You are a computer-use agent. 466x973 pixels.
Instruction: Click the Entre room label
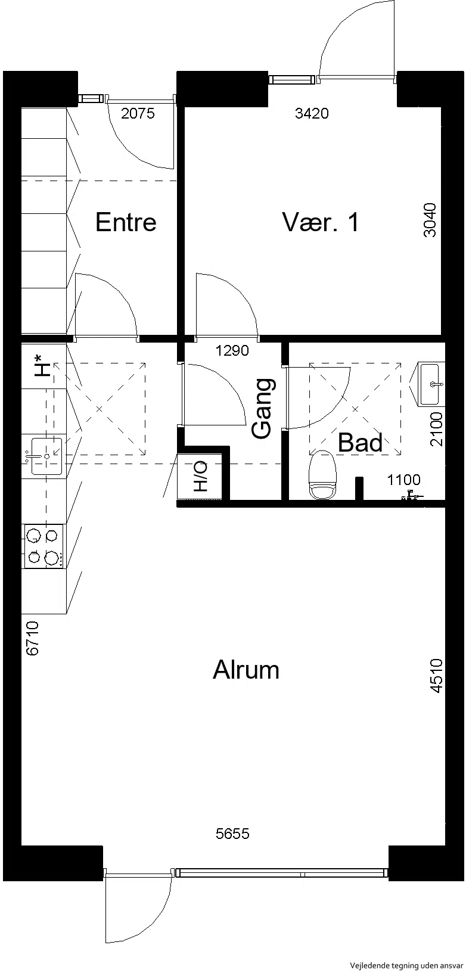[126, 222]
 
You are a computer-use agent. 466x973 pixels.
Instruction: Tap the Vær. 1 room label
[321, 222]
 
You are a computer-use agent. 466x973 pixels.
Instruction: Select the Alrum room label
[246, 669]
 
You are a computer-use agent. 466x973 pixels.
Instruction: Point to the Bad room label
[360, 443]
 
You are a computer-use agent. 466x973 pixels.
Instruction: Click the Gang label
[263, 408]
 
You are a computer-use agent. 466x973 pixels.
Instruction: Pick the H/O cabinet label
[201, 476]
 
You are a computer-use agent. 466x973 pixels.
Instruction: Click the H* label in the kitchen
[43, 365]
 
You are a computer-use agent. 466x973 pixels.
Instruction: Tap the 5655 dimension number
[233, 834]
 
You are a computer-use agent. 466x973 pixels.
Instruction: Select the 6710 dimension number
[33, 638]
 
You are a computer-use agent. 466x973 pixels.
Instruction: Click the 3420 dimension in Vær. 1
[312, 113]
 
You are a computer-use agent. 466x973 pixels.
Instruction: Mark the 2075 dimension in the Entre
[138, 113]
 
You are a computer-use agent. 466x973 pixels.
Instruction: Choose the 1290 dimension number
[232, 350]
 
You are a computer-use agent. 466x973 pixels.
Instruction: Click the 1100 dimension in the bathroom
[404, 480]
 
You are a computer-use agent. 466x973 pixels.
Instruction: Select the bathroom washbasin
[430, 384]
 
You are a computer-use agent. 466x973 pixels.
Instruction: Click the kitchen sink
[46, 456]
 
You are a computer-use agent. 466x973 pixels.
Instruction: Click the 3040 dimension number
[430, 220]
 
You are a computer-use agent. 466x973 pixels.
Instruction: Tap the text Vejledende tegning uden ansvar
[406, 966]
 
